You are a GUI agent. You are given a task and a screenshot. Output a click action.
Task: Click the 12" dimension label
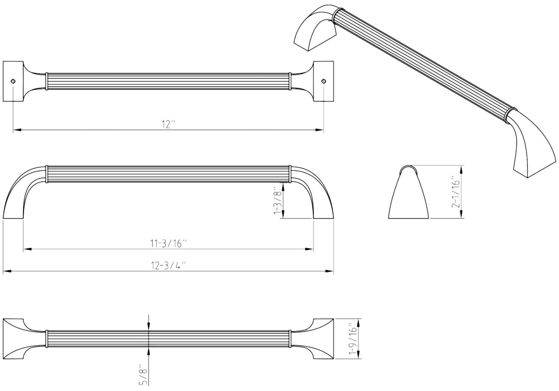coord(168,124)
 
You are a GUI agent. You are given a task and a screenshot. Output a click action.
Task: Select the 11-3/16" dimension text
coord(168,243)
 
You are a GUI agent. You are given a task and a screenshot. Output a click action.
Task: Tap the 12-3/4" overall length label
coord(168,265)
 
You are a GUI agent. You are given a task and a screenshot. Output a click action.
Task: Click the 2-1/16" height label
coord(455,192)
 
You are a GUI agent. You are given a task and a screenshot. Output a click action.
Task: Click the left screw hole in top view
coord(13,81)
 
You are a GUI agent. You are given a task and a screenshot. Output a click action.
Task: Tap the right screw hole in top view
coord(324,81)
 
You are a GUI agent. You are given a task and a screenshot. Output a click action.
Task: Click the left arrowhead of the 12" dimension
coord(16,130)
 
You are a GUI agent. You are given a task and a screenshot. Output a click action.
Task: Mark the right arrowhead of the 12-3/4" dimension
coord(330,271)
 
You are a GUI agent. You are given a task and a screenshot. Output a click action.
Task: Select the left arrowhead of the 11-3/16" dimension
coord(27,249)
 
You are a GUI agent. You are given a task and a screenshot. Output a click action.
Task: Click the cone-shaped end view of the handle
coord(408,192)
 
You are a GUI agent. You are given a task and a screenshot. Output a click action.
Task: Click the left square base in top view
coord(13,81)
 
